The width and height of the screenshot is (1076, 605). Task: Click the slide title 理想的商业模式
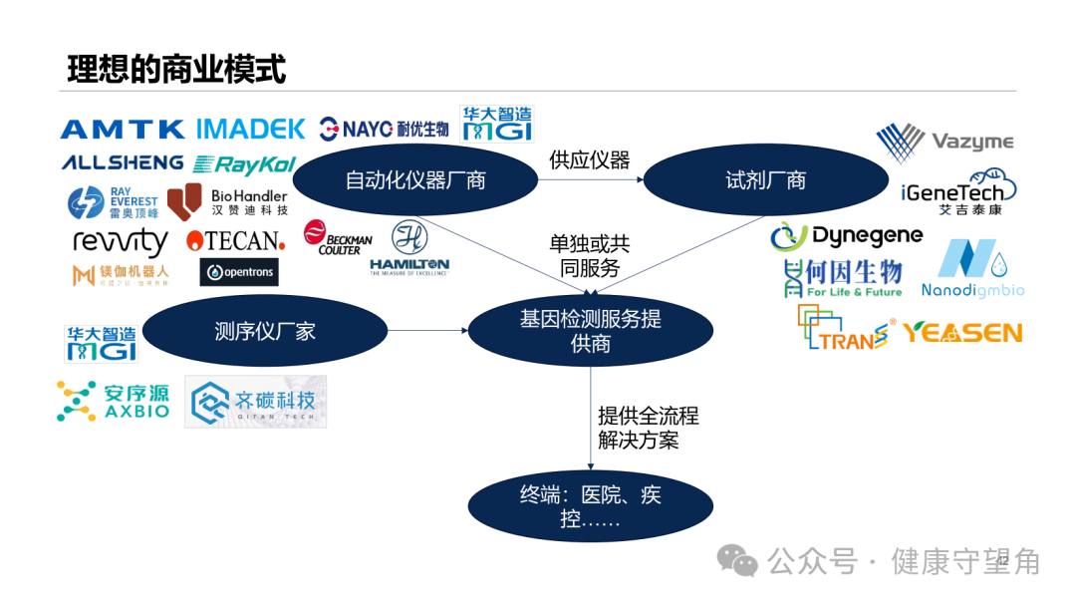click(x=176, y=70)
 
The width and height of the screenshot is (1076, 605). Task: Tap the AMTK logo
click(x=123, y=129)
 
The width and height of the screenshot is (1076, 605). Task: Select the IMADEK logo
click(x=250, y=129)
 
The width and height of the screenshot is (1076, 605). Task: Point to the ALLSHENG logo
click(x=122, y=162)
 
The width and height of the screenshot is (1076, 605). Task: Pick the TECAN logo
click(x=235, y=240)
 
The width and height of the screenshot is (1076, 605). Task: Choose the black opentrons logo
click(x=239, y=272)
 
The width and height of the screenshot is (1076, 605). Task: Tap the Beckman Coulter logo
click(x=338, y=240)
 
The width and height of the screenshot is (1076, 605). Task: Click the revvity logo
click(x=121, y=241)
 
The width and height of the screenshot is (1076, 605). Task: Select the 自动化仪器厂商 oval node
click(x=415, y=180)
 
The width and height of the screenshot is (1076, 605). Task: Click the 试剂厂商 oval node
click(x=765, y=180)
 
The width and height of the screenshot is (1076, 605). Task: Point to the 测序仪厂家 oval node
click(x=265, y=331)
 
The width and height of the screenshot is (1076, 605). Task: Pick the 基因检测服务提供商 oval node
click(x=590, y=331)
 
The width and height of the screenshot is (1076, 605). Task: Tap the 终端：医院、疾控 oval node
click(x=590, y=506)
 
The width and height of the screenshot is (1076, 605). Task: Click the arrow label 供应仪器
click(x=590, y=159)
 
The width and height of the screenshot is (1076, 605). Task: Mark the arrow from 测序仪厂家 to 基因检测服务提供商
click(x=427, y=331)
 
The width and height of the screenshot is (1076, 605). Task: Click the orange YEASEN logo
click(x=962, y=332)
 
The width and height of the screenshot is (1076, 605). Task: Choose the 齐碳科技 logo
click(x=255, y=402)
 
